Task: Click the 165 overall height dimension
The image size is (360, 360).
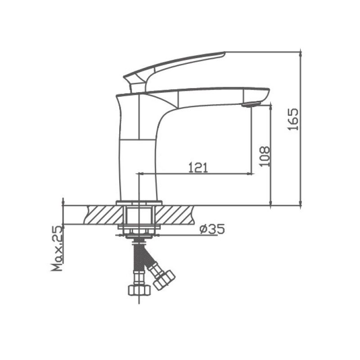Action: [x=293, y=119]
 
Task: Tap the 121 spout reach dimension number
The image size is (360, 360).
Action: [x=198, y=167]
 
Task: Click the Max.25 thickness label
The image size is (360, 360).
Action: [x=57, y=248]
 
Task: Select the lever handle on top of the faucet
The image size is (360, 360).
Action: [x=180, y=63]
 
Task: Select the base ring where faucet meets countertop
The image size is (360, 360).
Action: [x=138, y=202]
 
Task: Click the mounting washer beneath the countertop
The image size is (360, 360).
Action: [x=138, y=231]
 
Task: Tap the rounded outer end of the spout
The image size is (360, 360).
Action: [x=265, y=94]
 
